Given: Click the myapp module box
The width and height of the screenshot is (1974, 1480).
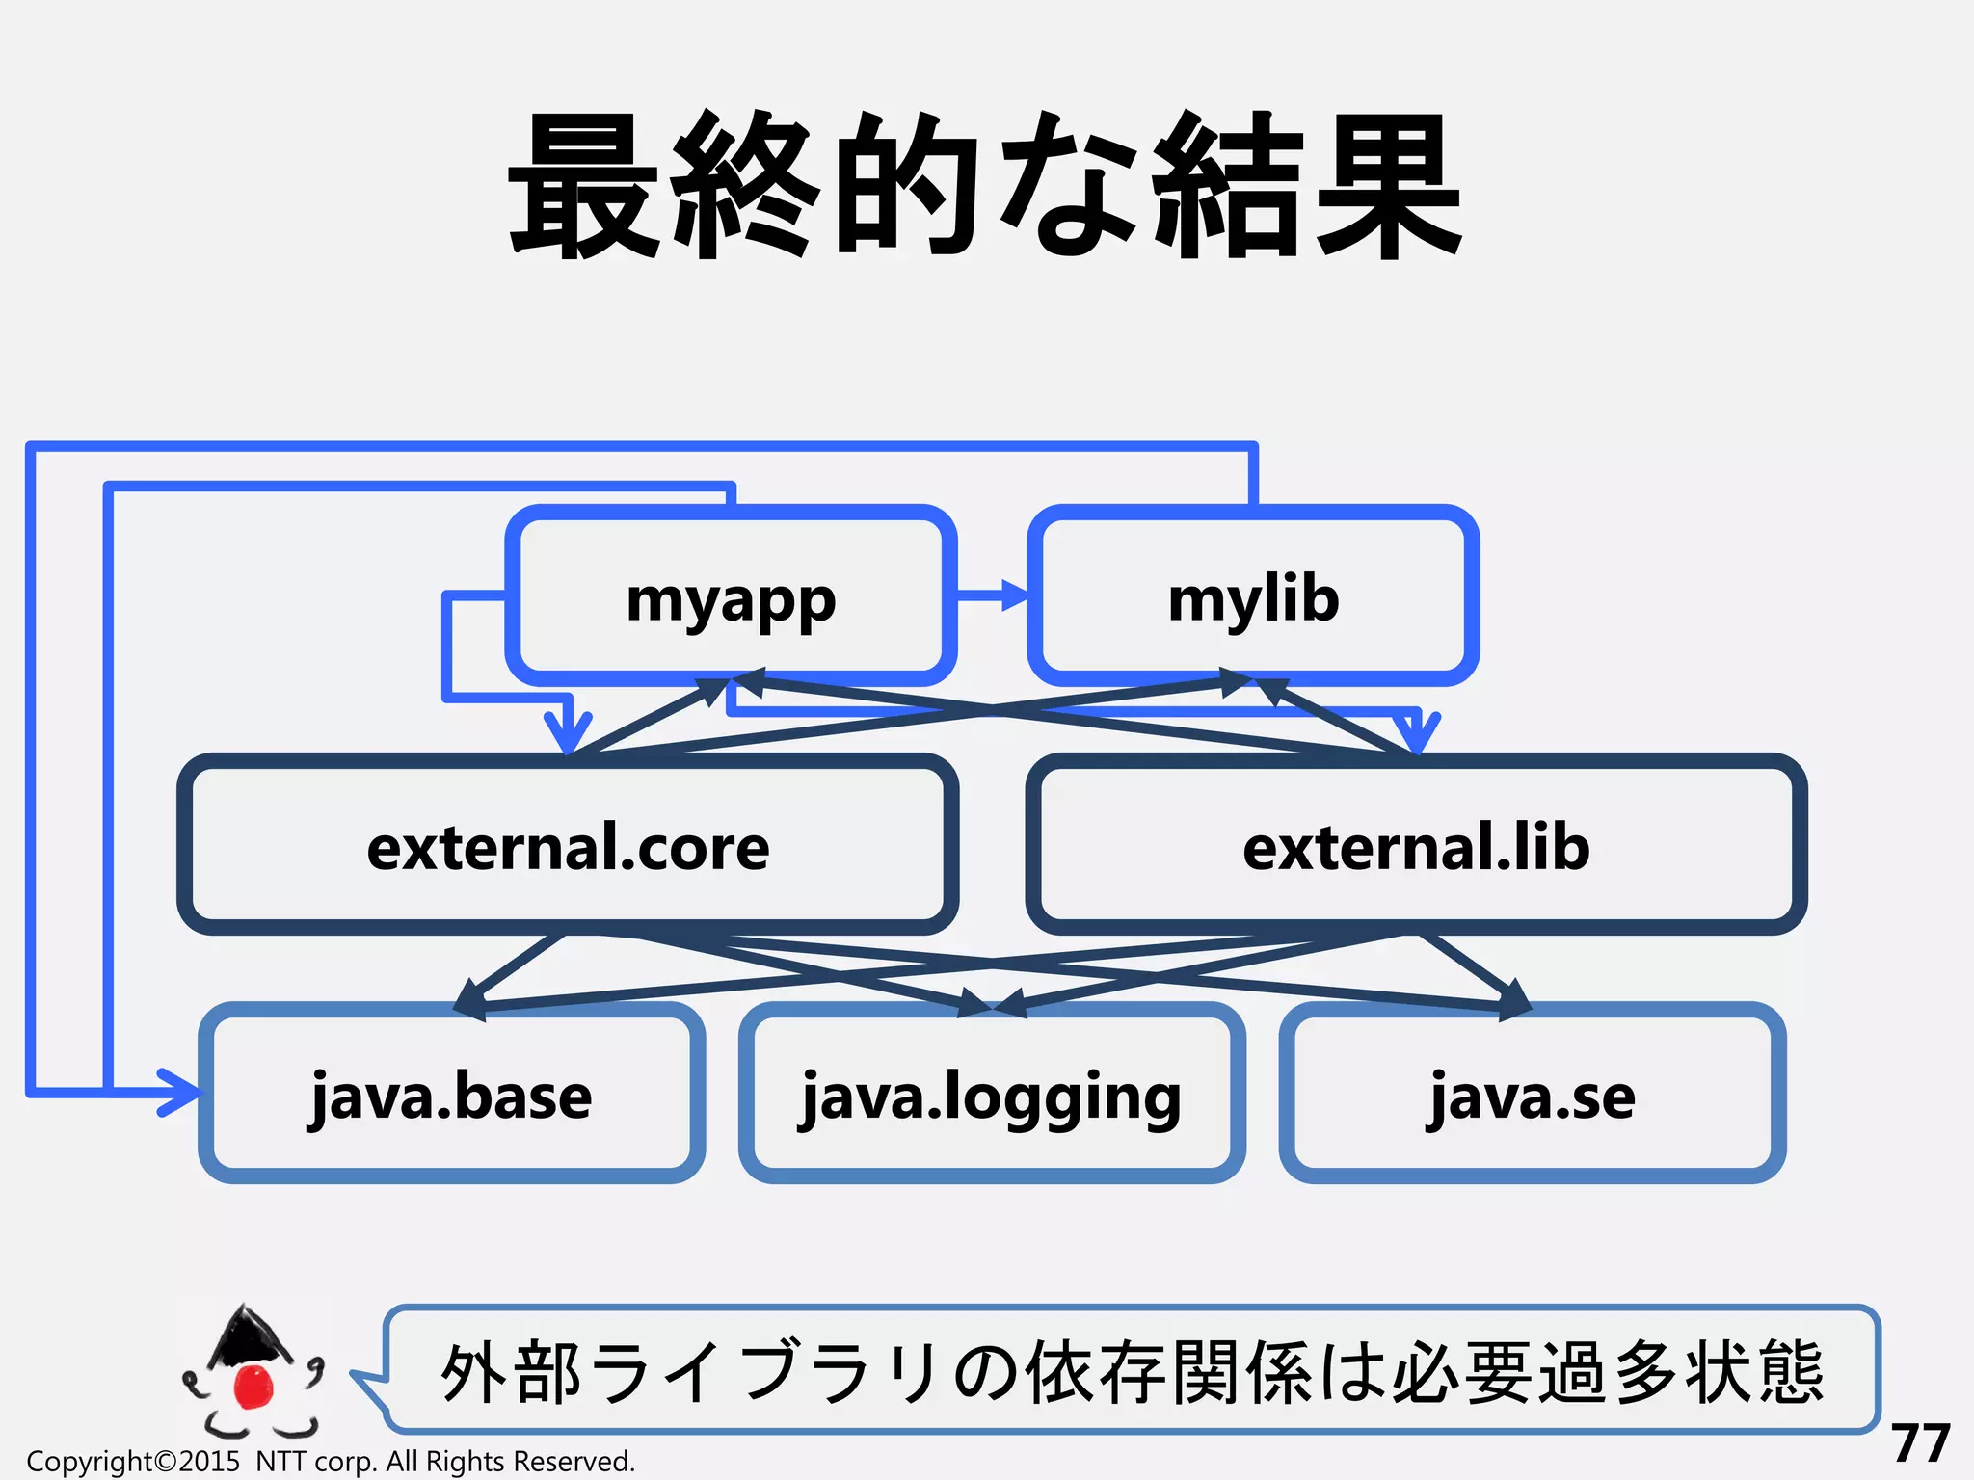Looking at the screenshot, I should click(x=731, y=597).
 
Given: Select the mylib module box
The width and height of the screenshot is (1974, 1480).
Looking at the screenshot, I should click(x=1253, y=597).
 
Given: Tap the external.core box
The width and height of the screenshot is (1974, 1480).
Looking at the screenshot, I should click(x=568, y=846).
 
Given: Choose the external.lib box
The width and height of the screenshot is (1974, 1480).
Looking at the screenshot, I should click(x=1416, y=846).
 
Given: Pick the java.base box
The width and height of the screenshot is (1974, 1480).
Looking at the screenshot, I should click(x=451, y=1095).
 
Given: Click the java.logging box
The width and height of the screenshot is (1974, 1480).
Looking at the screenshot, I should click(x=991, y=1095).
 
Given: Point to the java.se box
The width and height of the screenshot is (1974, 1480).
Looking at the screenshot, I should click(x=1532, y=1095).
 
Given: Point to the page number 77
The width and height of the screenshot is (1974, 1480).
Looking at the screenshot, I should click(x=1920, y=1442).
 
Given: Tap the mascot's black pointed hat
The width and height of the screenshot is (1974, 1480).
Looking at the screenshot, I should click(x=248, y=1335).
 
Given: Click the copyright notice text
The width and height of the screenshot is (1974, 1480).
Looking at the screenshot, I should click(x=331, y=1462).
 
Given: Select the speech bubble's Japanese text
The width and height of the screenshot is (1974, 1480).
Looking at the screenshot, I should click(x=1132, y=1371).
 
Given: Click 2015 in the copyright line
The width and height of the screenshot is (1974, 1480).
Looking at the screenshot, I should click(x=209, y=1462).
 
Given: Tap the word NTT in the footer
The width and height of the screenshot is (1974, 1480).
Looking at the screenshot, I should click(x=280, y=1462).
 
